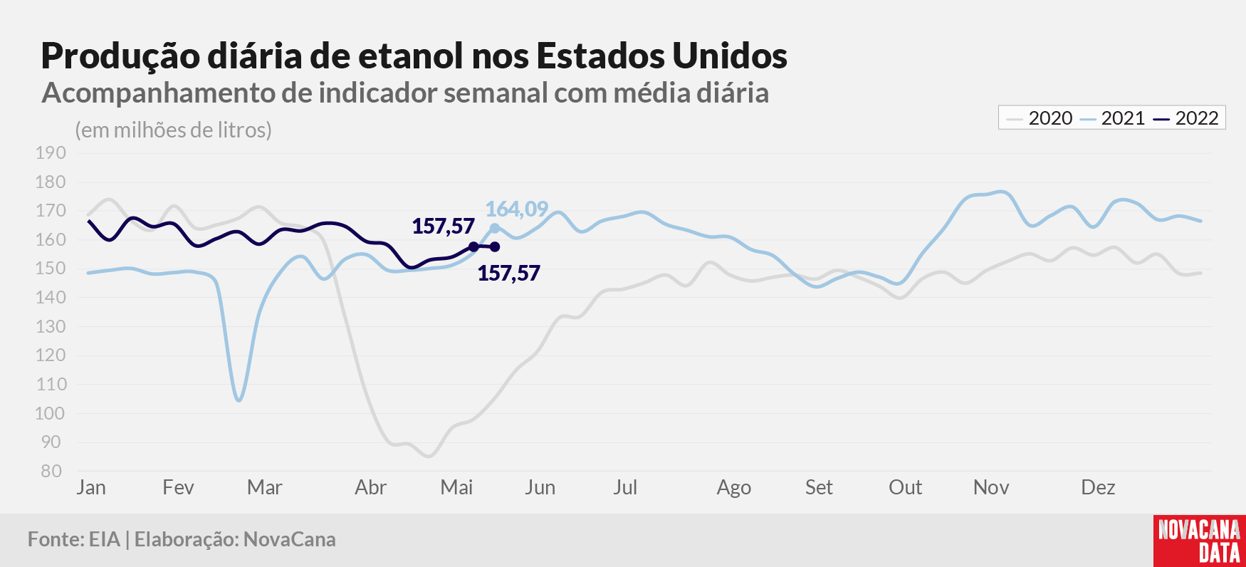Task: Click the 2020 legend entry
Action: [x=1040, y=118]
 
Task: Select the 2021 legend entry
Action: [x=1112, y=118]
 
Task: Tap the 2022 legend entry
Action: [x=1186, y=118]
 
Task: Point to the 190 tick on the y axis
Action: [x=51, y=152]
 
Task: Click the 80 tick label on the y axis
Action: [x=51, y=471]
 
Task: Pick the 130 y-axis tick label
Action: [x=51, y=326]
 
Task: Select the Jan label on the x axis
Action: [x=91, y=487]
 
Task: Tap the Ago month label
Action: [x=734, y=488]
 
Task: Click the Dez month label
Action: [x=1098, y=487]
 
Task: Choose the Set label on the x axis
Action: [x=819, y=487]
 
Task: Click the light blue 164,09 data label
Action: [x=517, y=209]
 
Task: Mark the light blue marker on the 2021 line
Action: [x=495, y=229]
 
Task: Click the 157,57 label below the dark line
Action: [x=508, y=274]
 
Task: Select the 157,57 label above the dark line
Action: [x=443, y=227]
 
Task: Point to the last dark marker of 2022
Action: [x=495, y=247]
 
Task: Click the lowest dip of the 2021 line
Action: [x=239, y=400]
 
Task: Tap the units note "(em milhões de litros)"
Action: [x=174, y=130]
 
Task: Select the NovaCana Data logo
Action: [x=1200, y=541]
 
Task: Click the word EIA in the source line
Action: [x=105, y=539]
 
